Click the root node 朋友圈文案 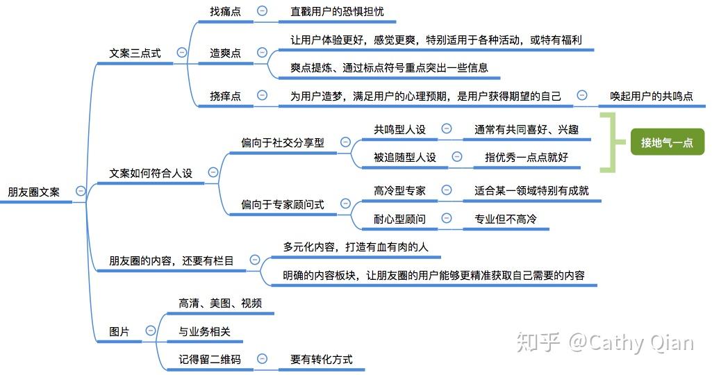(33, 192)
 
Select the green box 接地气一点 (667, 143)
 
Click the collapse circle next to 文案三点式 (182, 52)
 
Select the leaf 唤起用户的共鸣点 (651, 97)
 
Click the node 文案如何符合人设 (151, 173)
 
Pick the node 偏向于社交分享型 (283, 142)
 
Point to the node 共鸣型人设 (399, 130)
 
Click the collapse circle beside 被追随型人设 (457, 157)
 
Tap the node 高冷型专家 (399, 190)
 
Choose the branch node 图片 (119, 332)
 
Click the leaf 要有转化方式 (322, 360)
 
